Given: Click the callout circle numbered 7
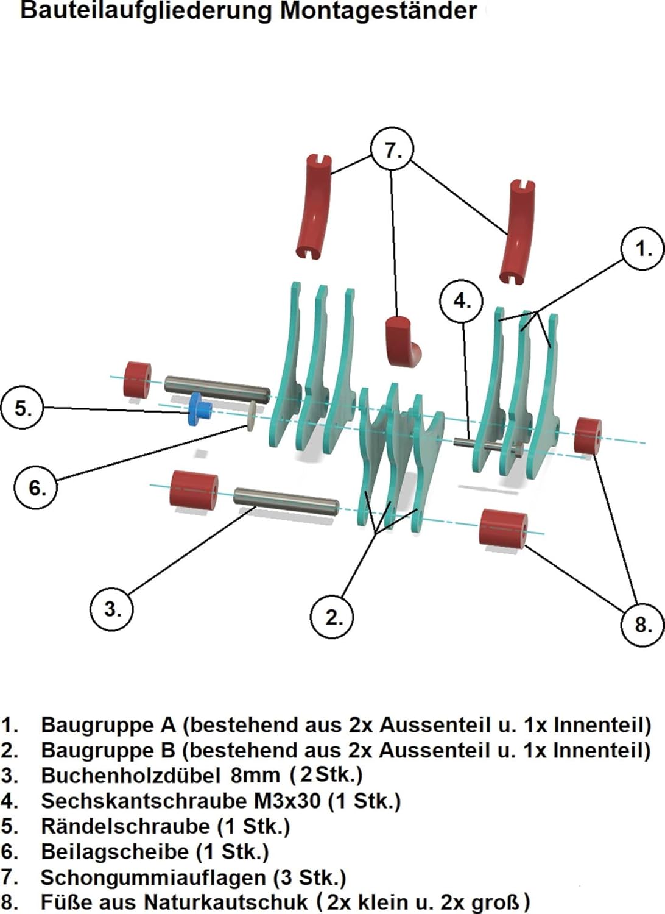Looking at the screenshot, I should tap(392, 149).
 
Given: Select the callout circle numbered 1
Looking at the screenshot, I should tap(642, 249).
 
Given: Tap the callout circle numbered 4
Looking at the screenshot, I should tap(461, 300).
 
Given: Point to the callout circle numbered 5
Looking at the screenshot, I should tap(23, 408).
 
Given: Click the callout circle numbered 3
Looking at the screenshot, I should tap(111, 608).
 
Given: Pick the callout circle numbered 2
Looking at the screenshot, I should tap(332, 617).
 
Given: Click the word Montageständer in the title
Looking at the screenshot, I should tap(378, 11).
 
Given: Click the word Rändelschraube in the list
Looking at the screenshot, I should tap(125, 826).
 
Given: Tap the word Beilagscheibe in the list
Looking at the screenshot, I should tap(114, 851).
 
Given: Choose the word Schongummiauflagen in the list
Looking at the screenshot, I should tap(153, 877).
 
